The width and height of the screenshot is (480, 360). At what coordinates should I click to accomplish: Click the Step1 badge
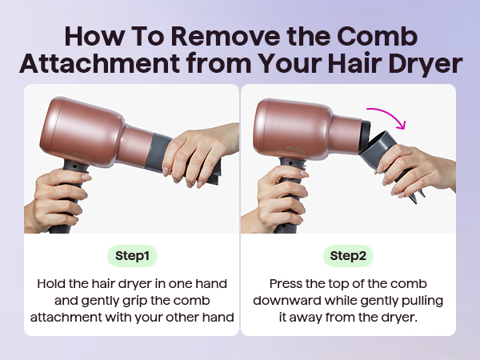pos(131,256)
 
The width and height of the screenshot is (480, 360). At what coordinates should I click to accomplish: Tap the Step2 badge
pos(348,256)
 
